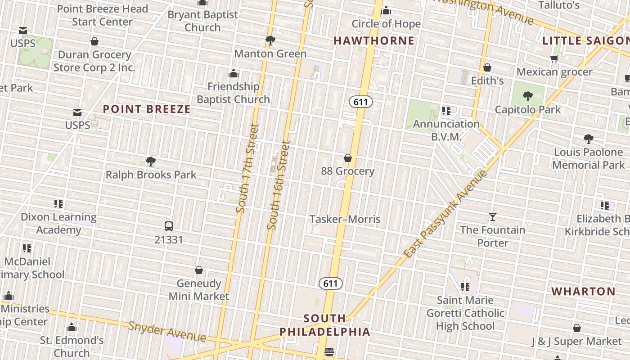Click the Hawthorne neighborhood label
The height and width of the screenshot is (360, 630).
click(x=374, y=41)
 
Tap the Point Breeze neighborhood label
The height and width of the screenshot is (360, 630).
click(x=147, y=109)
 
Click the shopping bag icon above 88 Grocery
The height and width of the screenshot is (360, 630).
click(x=348, y=158)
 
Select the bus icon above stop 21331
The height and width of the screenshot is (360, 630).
click(x=169, y=226)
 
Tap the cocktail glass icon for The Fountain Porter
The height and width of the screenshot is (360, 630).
click(x=493, y=217)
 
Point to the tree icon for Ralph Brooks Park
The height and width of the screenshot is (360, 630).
click(x=151, y=162)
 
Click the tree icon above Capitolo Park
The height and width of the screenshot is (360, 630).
click(x=528, y=96)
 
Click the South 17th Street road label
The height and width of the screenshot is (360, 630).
click(x=247, y=168)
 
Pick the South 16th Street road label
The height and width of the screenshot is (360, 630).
click(x=279, y=185)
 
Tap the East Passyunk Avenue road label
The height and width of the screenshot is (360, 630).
click(x=445, y=214)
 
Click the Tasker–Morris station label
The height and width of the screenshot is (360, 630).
click(x=345, y=220)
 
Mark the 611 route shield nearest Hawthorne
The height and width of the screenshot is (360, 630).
click(x=361, y=102)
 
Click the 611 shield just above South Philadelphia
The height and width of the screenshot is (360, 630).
click(x=331, y=283)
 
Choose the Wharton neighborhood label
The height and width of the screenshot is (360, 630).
click(x=584, y=292)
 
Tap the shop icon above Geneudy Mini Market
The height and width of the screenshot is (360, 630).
click(x=199, y=270)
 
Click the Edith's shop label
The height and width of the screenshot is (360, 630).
click(x=487, y=81)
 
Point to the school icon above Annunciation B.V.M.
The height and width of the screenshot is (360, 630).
click(x=446, y=110)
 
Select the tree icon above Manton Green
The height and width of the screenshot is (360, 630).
click(x=270, y=40)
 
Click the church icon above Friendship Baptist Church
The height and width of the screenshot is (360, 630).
click(x=234, y=73)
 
